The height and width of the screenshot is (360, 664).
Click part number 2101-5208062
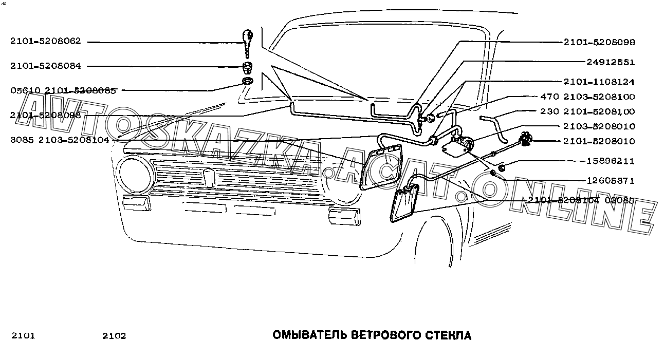(45, 42)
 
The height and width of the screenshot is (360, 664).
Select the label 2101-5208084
(45, 66)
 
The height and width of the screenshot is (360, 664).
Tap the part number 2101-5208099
(599, 42)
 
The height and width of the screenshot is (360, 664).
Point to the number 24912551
(611, 62)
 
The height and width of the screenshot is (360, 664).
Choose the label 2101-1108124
(599, 82)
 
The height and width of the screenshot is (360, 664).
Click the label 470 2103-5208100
(587, 97)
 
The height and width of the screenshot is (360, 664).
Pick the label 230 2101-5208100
(587, 111)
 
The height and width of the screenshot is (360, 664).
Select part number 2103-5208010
(599, 126)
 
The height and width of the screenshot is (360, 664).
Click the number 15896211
(611, 161)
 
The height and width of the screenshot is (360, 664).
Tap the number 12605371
(611, 181)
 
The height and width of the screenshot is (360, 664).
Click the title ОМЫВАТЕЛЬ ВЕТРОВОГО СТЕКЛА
(372, 336)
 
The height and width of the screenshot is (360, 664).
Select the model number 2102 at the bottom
(114, 336)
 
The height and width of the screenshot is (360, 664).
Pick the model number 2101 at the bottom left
(23, 336)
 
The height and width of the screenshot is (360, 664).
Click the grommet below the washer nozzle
(248, 67)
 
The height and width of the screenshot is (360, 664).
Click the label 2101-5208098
(45, 116)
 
